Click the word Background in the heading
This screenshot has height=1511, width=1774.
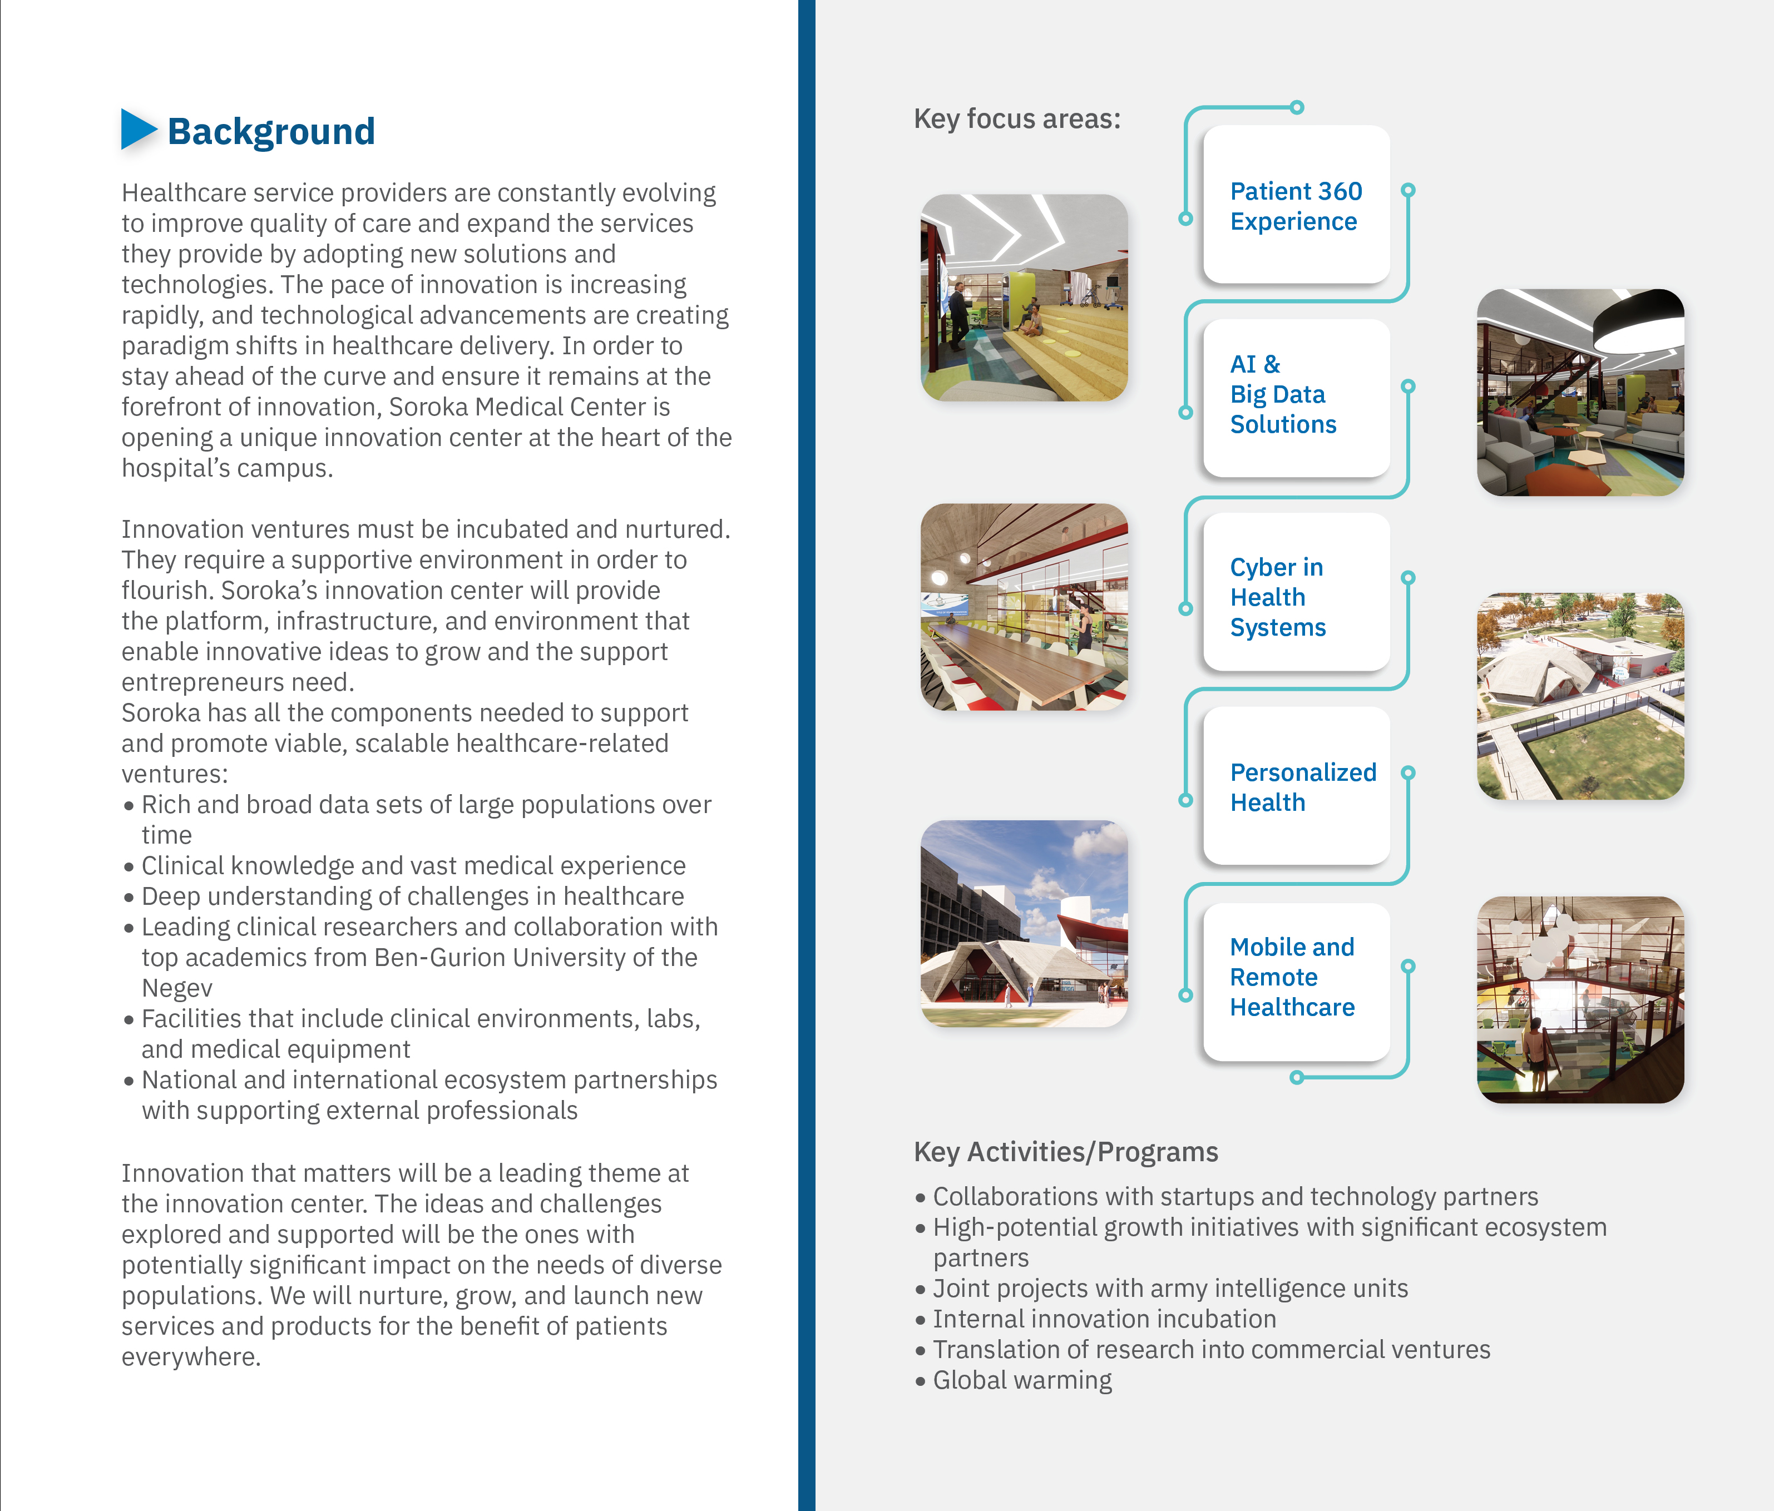(x=270, y=132)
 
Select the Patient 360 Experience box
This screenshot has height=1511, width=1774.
(x=1296, y=205)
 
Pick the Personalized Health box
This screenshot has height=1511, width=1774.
(x=1296, y=786)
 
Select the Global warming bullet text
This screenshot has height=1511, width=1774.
(x=1022, y=1380)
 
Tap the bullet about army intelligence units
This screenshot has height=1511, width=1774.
(x=1169, y=1289)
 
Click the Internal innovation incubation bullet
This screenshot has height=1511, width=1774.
(x=1104, y=1319)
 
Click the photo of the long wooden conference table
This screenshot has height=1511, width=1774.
(x=1024, y=607)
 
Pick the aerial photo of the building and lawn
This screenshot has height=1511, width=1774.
(x=1580, y=696)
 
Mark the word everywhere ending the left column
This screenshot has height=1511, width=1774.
(x=190, y=1357)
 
